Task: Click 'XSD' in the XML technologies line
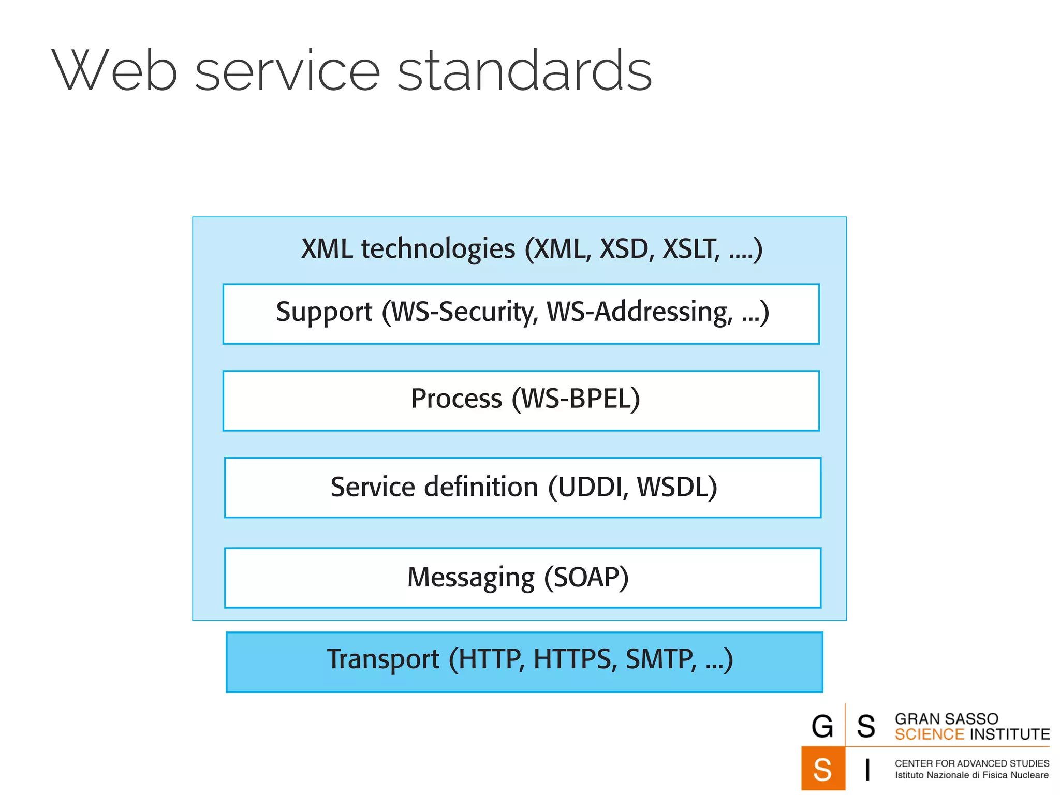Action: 625,249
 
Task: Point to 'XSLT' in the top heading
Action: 690,249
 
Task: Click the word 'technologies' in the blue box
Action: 438,249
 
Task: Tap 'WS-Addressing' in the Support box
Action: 640,312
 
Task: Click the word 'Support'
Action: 324,312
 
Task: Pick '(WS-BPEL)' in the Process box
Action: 576,399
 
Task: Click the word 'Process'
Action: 456,399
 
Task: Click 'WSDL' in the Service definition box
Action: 673,488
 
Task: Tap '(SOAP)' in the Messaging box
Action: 586,577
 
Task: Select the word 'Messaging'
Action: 470,578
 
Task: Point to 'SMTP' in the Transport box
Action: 660,659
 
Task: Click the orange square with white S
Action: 822,769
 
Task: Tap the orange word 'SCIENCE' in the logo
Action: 929,734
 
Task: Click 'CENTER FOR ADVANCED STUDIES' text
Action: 971,763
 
